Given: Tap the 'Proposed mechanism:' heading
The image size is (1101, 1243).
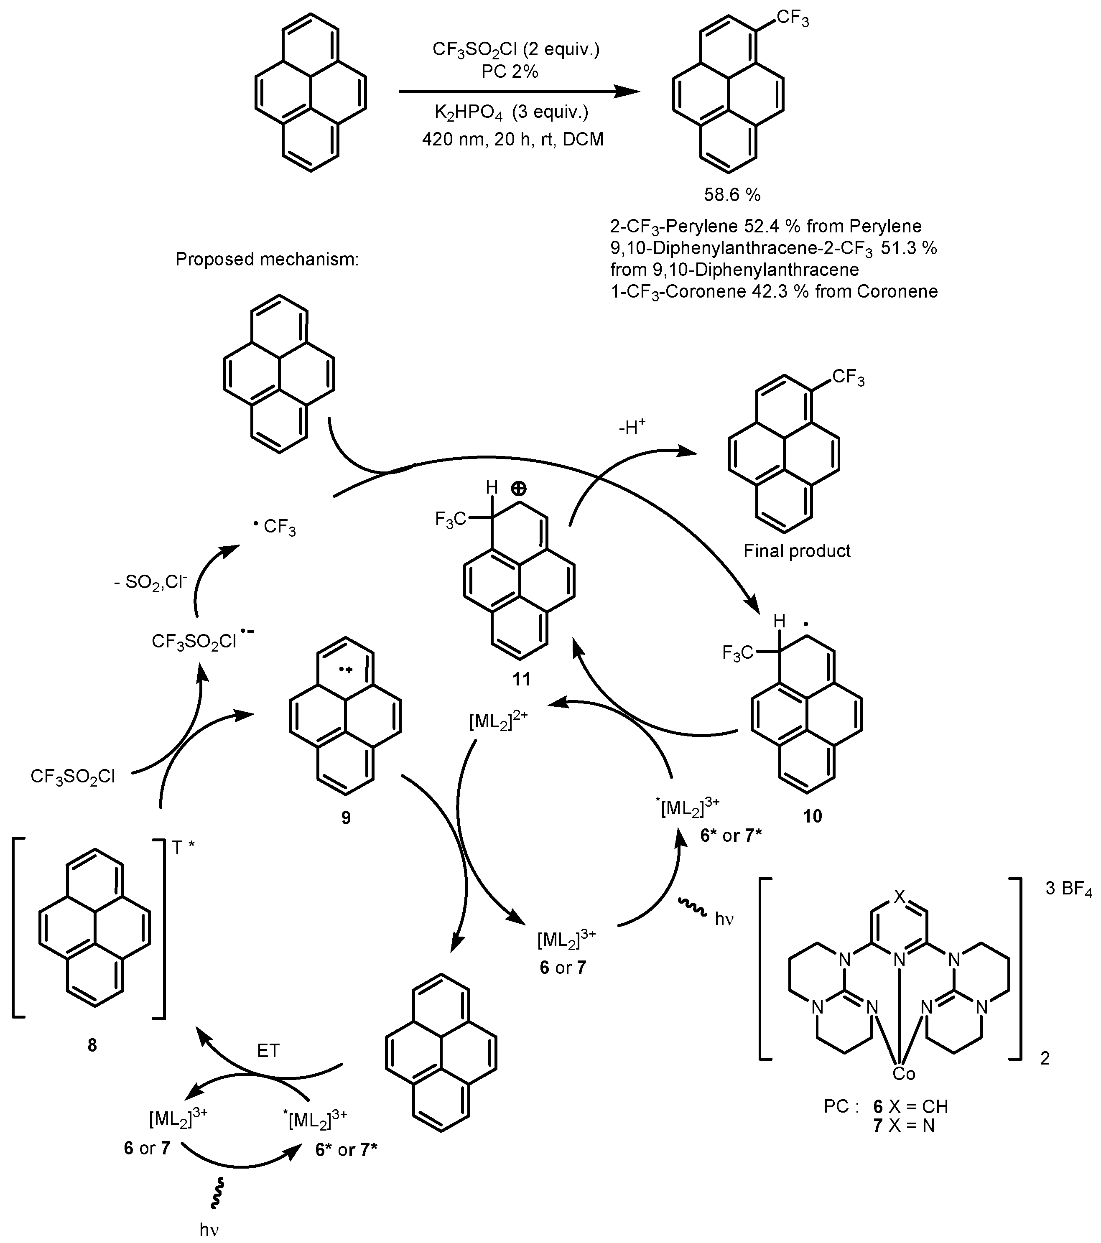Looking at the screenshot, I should pos(267,260).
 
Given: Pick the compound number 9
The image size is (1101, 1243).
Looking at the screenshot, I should pos(346,818).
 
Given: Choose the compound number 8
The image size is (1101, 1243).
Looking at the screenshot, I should pos(92,1045).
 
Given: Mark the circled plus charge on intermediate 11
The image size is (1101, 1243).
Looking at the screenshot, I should pos(519,488).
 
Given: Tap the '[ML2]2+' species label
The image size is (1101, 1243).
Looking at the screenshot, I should pos(498,721).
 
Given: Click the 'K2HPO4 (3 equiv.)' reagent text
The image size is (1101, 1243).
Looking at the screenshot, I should pos(511,113).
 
